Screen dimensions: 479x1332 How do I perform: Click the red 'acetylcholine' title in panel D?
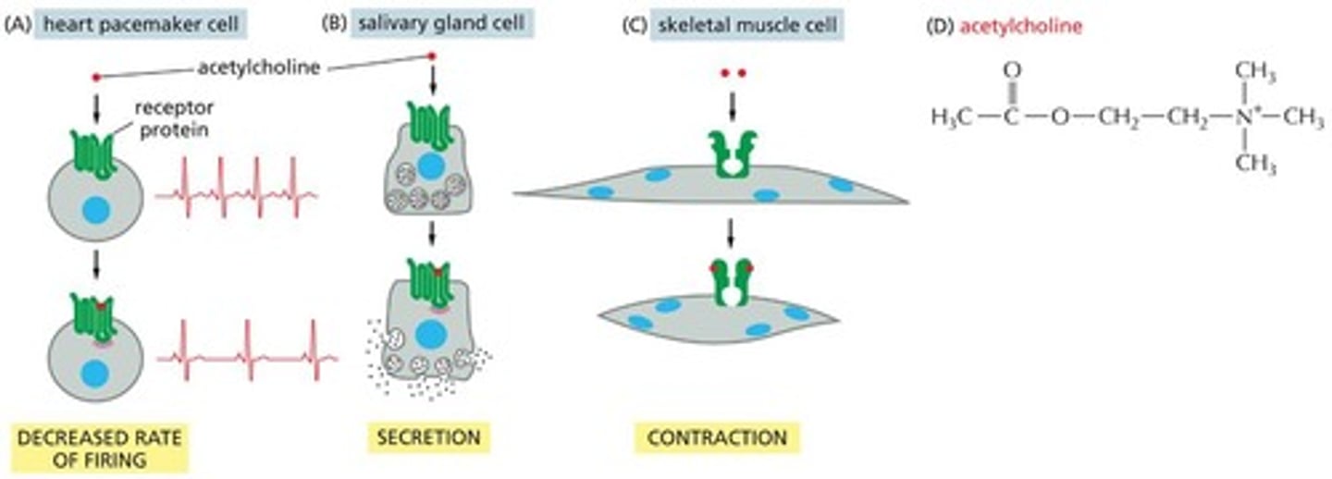pyautogui.click(x=1020, y=27)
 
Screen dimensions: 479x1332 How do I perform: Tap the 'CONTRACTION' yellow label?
pyautogui.click(x=717, y=437)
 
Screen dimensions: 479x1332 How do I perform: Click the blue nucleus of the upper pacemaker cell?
pyautogui.click(x=95, y=211)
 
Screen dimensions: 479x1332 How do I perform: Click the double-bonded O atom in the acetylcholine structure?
pyautogui.click(x=1012, y=71)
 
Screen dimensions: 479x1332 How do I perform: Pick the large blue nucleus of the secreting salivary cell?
pyautogui.click(x=429, y=332)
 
